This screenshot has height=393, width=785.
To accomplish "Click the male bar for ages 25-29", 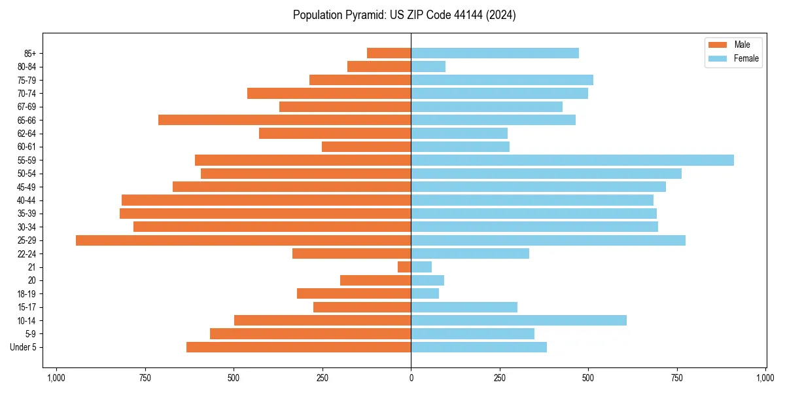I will coord(243,240).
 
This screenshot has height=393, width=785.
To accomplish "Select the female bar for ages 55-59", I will coord(572,160).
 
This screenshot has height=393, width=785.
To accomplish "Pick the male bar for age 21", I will coord(404,267).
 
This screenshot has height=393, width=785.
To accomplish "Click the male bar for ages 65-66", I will coord(285,120).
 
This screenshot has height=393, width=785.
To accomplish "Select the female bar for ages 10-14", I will coord(519,320).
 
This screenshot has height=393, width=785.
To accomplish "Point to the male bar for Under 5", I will coord(299,347).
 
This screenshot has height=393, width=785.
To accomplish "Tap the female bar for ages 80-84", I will coord(428,67).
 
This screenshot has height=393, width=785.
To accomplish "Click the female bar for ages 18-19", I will coord(425,293).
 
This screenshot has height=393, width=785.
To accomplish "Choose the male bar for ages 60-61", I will coord(366,147).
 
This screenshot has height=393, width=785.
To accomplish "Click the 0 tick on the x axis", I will coord(411,378).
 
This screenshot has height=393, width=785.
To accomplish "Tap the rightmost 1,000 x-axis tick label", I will coord(765,378).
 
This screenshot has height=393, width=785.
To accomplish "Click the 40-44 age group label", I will coord(27,200).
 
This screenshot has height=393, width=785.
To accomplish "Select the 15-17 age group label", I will coord(27,307).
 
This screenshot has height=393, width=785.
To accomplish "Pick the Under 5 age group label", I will coord(24,347).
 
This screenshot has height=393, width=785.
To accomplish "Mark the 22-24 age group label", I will coord(27,253).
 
